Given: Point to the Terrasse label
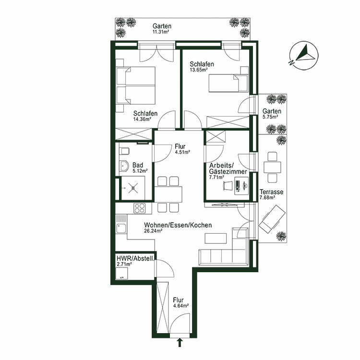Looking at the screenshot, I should [x=272, y=192].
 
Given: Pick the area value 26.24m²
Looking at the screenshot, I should [x=153, y=230].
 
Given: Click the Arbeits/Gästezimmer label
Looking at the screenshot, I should [x=227, y=168].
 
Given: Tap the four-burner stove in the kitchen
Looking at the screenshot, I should [x=140, y=209].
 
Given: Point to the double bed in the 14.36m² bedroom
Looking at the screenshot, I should [x=136, y=85].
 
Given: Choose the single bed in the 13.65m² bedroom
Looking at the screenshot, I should [x=228, y=83].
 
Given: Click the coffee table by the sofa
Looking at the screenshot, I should [x=216, y=239].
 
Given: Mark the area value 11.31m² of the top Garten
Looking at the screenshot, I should [x=162, y=32].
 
